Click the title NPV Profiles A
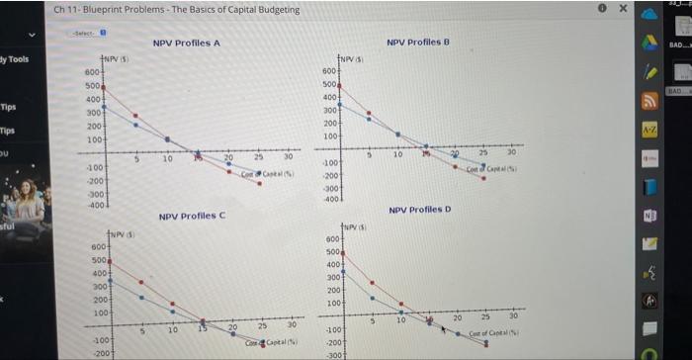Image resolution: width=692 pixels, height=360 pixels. [x=186, y=44]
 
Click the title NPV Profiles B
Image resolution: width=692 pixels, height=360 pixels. [x=418, y=43]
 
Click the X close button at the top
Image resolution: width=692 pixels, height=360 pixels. [x=624, y=9]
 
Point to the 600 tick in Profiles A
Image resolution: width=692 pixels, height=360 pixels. [x=91, y=73]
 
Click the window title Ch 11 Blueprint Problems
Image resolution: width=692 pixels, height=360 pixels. [x=178, y=10]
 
